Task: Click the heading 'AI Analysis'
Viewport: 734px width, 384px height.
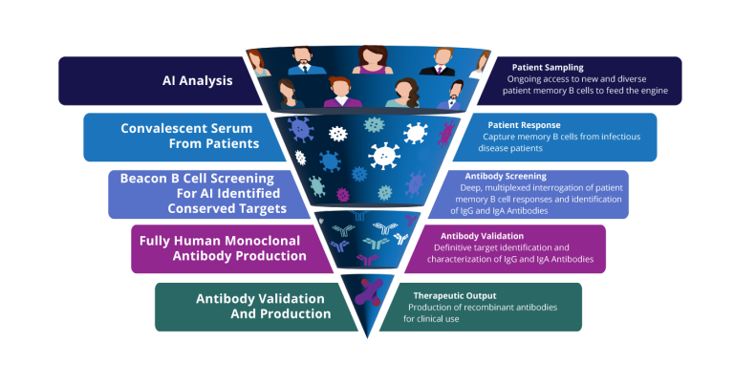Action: [196, 80]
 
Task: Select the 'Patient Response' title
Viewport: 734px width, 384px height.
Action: [524, 125]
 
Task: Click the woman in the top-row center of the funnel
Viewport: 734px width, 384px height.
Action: [368, 60]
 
